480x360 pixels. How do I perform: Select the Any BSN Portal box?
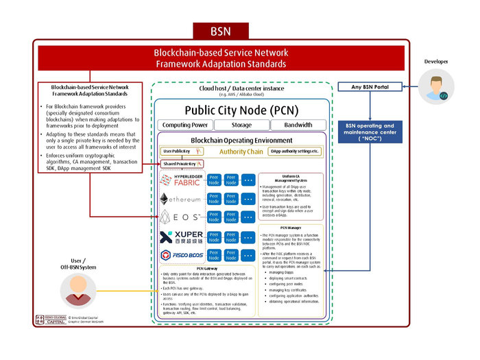click(370, 87)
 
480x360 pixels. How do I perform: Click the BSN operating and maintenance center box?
click(370, 130)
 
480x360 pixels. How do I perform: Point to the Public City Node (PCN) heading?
click(241, 110)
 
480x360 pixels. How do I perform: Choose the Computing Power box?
click(185, 125)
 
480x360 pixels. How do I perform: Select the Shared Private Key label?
click(179, 164)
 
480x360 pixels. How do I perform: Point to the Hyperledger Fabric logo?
click(180, 180)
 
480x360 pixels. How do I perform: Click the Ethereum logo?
click(180, 199)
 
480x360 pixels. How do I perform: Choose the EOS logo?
click(180, 217)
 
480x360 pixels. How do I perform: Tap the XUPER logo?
click(180, 237)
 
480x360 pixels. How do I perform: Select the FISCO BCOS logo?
click(180, 256)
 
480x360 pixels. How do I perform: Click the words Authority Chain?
click(241, 151)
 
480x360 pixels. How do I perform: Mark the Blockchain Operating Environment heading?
click(241, 139)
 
